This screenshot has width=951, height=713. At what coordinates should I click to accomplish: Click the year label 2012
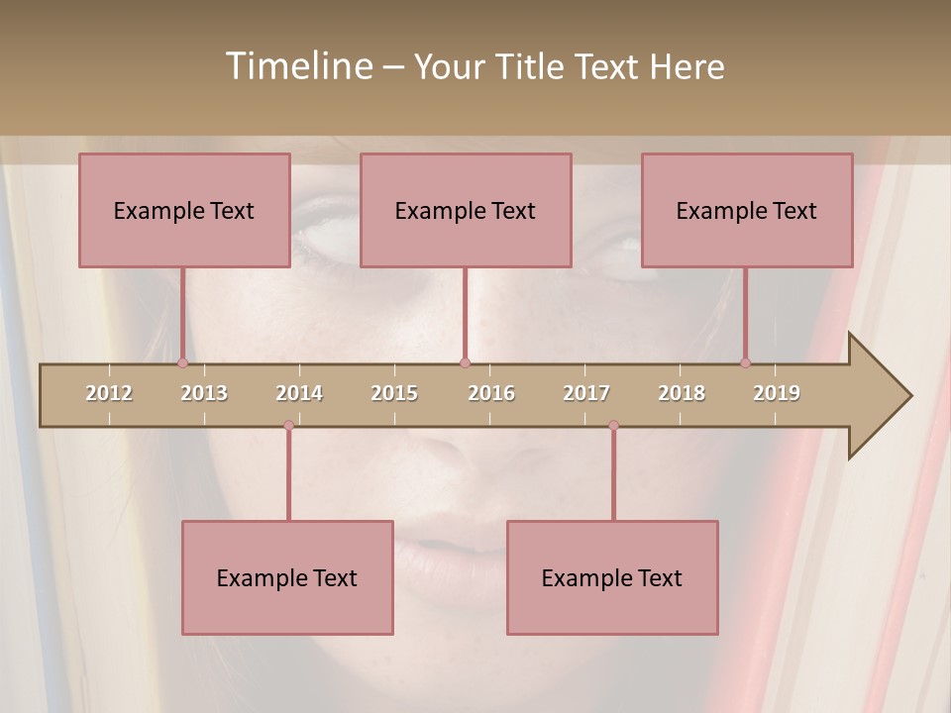(x=109, y=393)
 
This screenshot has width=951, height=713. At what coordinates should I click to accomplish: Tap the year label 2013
(x=204, y=393)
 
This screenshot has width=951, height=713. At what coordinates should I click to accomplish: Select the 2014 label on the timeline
(x=299, y=393)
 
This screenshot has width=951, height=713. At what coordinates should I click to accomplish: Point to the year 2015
(x=394, y=393)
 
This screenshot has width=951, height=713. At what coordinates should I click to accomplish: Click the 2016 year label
(x=491, y=393)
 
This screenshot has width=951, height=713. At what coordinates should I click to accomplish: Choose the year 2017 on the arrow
(x=586, y=393)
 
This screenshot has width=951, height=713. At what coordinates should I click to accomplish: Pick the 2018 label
(x=682, y=393)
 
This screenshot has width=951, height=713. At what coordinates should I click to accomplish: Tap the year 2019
(x=777, y=393)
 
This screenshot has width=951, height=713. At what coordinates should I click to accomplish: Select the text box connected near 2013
(x=184, y=210)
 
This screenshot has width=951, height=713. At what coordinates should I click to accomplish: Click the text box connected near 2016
(x=466, y=210)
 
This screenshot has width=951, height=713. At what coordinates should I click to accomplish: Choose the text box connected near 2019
(x=747, y=210)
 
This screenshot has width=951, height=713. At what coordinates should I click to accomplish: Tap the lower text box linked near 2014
(x=287, y=577)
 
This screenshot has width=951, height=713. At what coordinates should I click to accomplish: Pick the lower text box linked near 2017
(x=612, y=577)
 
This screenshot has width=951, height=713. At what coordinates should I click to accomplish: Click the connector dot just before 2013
(x=182, y=363)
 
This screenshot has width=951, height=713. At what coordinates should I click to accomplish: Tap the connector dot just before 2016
(x=465, y=363)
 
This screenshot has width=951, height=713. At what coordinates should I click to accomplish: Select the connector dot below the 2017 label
(x=613, y=425)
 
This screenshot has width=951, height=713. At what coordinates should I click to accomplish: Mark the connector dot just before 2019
(x=745, y=363)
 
